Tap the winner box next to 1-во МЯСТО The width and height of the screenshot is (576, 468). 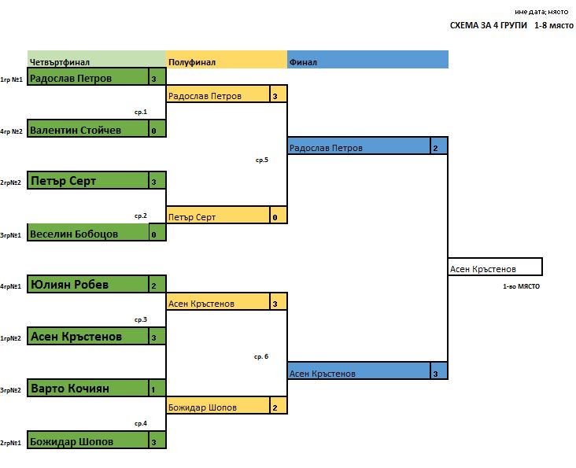tap(494, 268)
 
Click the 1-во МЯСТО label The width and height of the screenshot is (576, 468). tap(521, 287)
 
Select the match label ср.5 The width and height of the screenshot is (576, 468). tap(262, 160)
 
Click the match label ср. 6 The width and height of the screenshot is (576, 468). tap(261, 356)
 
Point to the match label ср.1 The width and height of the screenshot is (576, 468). tap(141, 112)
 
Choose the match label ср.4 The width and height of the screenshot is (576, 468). tap(141, 423)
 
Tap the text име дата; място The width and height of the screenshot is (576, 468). tap(542, 12)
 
